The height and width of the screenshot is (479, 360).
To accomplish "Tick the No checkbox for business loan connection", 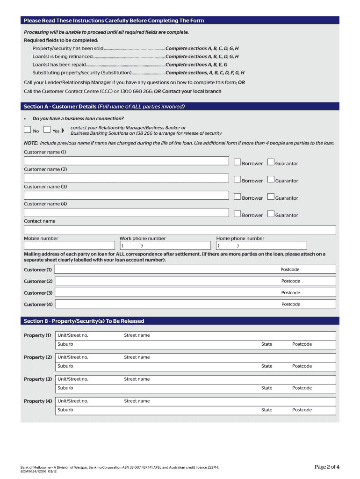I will [28, 130].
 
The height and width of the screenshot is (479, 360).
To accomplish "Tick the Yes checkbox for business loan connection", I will [47, 130].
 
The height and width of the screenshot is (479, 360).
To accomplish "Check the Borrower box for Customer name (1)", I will [238, 162].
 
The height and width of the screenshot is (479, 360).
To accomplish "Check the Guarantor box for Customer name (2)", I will [271, 180].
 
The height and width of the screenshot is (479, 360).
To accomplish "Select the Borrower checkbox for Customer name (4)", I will [238, 214].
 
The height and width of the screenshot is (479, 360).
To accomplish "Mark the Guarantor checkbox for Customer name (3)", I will [271, 197].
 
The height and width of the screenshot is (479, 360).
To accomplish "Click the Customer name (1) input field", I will [126, 161].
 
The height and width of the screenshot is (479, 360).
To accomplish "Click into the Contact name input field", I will [180, 230].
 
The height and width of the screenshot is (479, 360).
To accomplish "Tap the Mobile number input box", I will [69, 245].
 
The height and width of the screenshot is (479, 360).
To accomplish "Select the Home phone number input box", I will [261, 245].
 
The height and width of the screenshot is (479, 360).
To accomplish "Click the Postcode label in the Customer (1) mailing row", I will [290, 269].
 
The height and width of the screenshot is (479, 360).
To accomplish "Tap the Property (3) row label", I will [38, 379].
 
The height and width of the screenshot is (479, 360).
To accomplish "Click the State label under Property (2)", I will [266, 366].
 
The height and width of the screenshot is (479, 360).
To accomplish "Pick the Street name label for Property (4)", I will [137, 401].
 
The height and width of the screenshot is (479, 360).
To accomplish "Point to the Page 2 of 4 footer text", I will [327, 467].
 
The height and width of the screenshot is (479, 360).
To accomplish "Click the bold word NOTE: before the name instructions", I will [31, 143].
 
